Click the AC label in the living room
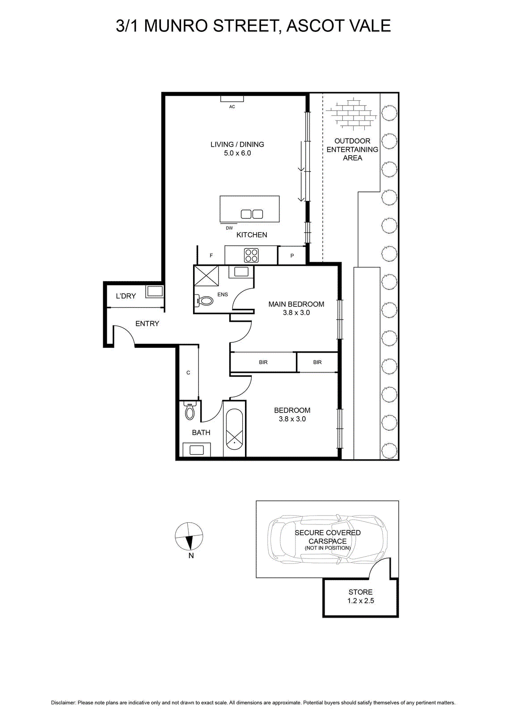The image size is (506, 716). (232, 107)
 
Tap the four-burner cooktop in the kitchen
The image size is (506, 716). (251, 256)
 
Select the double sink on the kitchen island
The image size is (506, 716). (252, 214)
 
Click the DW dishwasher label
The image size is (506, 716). (229, 228)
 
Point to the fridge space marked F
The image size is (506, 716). (211, 256)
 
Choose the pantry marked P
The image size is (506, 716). (292, 256)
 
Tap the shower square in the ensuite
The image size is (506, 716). (206, 276)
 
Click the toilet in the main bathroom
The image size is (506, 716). (190, 411)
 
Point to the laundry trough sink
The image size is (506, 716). (155, 291)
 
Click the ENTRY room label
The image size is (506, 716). (147, 324)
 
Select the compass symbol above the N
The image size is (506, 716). (189, 536)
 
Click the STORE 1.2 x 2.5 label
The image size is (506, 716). (361, 596)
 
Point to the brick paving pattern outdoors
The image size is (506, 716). (352, 114)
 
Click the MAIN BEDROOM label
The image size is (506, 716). (296, 304)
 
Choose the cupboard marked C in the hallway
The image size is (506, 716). (189, 373)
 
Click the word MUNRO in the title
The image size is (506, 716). (177, 26)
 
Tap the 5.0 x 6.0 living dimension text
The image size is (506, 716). (237, 153)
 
